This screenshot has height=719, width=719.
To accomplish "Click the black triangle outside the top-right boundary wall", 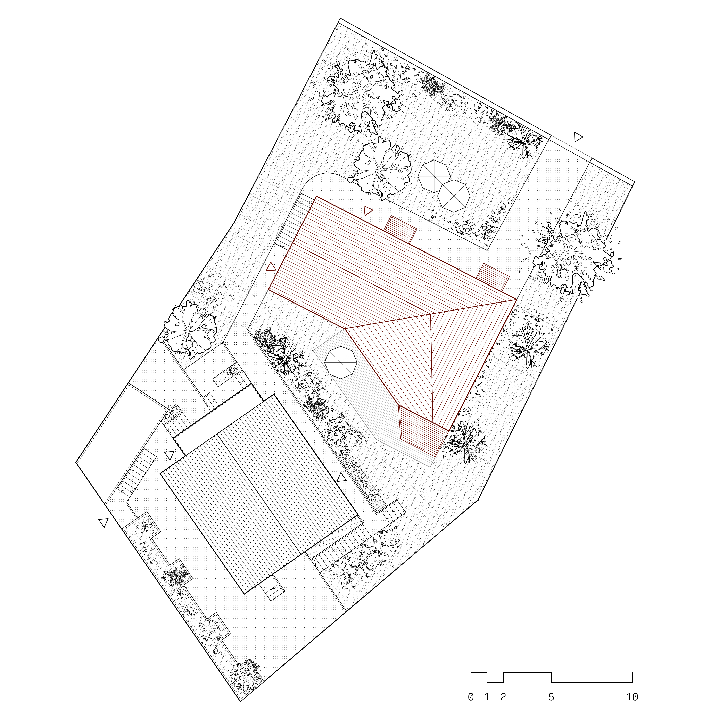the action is pyautogui.click(x=578, y=137).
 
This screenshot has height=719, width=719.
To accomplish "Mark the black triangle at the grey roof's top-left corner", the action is pyautogui.click(x=169, y=455).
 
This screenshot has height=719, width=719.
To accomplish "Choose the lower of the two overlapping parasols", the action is pyautogui.click(x=453, y=196).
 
